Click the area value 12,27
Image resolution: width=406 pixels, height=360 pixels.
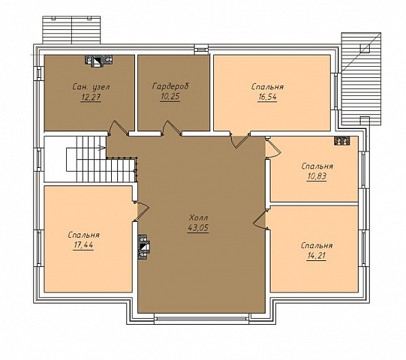(x=91, y=97)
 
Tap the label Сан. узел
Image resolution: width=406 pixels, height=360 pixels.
(x=91, y=87)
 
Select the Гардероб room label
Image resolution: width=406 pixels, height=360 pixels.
(x=170, y=86)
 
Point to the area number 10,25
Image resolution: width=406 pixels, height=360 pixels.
(x=170, y=97)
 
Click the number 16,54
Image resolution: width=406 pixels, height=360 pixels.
(x=267, y=97)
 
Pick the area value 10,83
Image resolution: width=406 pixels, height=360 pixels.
(x=317, y=176)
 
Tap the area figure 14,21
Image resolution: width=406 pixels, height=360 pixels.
(x=317, y=256)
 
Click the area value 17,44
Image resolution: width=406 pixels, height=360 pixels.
(x=83, y=245)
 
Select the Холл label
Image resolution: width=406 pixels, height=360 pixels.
(x=198, y=217)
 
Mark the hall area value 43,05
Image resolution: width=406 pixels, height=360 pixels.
(x=198, y=228)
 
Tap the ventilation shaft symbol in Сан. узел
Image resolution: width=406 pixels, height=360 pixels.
(x=98, y=61)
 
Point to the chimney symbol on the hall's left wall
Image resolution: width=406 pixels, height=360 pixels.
(x=143, y=247)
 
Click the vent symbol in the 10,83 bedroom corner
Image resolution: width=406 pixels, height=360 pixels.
(x=341, y=140)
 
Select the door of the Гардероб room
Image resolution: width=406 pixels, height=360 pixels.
(x=172, y=128)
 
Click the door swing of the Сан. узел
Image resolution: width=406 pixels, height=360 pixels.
(x=118, y=128)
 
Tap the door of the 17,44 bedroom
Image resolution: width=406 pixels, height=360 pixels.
(x=142, y=211)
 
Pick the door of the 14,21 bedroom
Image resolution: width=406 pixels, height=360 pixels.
(x=260, y=219)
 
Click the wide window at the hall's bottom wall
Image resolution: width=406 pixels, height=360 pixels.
(x=201, y=317)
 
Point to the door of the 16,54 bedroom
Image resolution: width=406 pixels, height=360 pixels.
(x=240, y=140)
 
